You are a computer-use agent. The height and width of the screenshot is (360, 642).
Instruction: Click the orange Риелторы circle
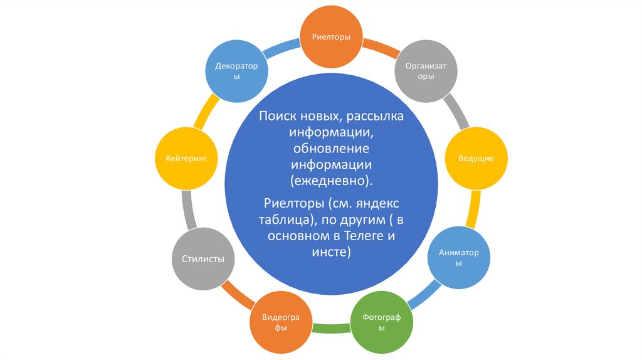(331, 36)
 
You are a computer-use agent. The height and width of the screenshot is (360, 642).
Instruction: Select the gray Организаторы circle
(426, 70)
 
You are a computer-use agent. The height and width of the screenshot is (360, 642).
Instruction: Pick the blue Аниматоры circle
(459, 258)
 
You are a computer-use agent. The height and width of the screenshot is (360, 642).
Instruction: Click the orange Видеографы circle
(280, 322)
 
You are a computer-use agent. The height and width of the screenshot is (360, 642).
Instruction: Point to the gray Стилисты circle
(203, 259)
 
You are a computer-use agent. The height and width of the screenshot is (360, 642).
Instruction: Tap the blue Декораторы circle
(237, 71)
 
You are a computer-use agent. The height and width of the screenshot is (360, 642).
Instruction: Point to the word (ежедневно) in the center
(331, 180)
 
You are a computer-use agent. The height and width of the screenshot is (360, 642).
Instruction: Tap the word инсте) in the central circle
(331, 252)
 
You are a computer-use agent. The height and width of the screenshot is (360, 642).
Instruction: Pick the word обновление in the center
(331, 149)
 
